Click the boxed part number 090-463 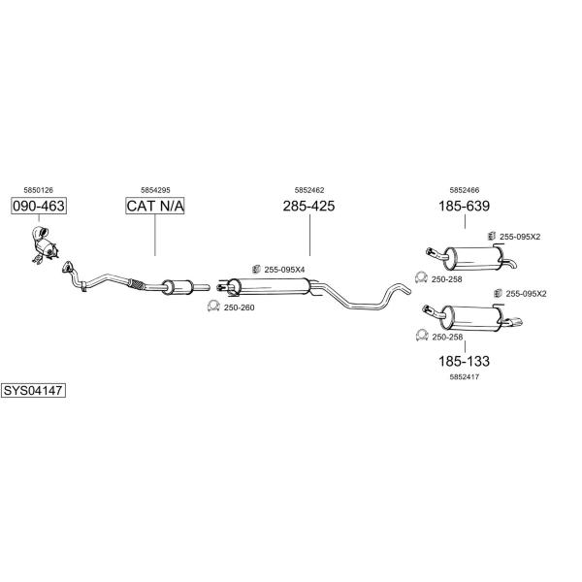coord(39,206)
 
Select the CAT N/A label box coord(155,206)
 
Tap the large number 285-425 coord(308,206)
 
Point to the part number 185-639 coord(464,206)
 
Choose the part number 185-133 coord(464,361)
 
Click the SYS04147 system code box coord(33,391)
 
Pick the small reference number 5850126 coord(38,190)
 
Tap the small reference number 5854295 coord(155,190)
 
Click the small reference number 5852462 coord(309,190)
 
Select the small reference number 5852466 coord(465,190)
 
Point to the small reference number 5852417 coord(465,376)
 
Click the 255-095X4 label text coord(284,270)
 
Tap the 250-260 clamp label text coord(239,307)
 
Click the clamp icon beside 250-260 coord(213,306)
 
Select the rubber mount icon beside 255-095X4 coord(256,269)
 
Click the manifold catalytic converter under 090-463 coord(45,244)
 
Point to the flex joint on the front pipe coord(137,284)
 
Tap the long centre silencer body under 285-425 coord(273,286)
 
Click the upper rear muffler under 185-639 coord(474,258)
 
